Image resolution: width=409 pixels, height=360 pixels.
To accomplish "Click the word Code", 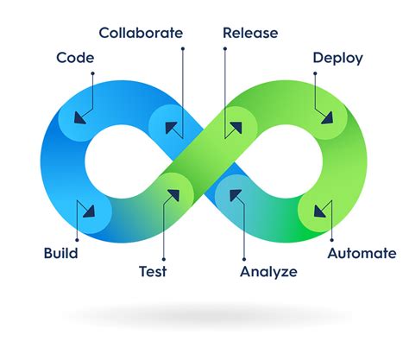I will pos(75,59).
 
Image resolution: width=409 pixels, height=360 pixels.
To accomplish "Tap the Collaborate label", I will pos(141,34).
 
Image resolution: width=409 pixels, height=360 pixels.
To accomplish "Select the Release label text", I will pos(250,34).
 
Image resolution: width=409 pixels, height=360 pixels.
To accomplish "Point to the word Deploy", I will pos(337,59).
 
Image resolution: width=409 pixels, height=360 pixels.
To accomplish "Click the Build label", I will pos(60,254).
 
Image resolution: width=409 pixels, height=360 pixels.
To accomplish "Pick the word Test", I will pos(153,271).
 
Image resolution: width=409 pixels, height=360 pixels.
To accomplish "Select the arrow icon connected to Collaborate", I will pos(173,129).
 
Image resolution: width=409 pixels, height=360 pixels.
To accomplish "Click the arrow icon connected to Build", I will pos(87,209).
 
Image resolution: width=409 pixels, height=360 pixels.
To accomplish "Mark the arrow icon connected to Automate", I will pos(321,209).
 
